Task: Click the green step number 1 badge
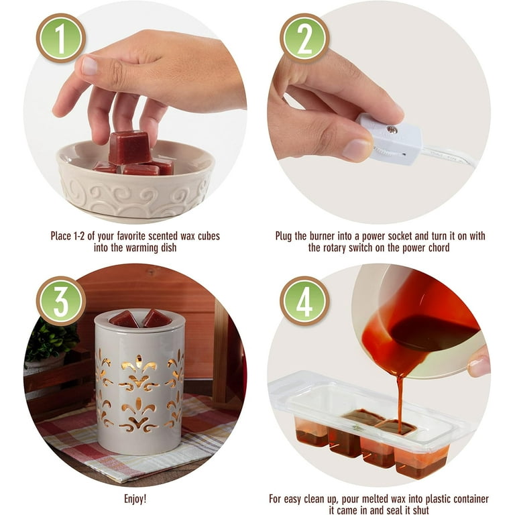click(61, 38)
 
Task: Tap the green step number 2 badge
click(304, 38)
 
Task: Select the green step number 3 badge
click(61, 301)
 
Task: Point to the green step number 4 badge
click(304, 301)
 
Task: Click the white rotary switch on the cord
click(391, 139)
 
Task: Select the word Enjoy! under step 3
click(135, 499)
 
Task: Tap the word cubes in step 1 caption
click(209, 236)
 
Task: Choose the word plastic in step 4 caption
click(438, 499)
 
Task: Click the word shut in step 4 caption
click(419, 510)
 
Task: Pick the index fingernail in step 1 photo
click(89, 66)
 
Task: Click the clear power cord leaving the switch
click(449, 157)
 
